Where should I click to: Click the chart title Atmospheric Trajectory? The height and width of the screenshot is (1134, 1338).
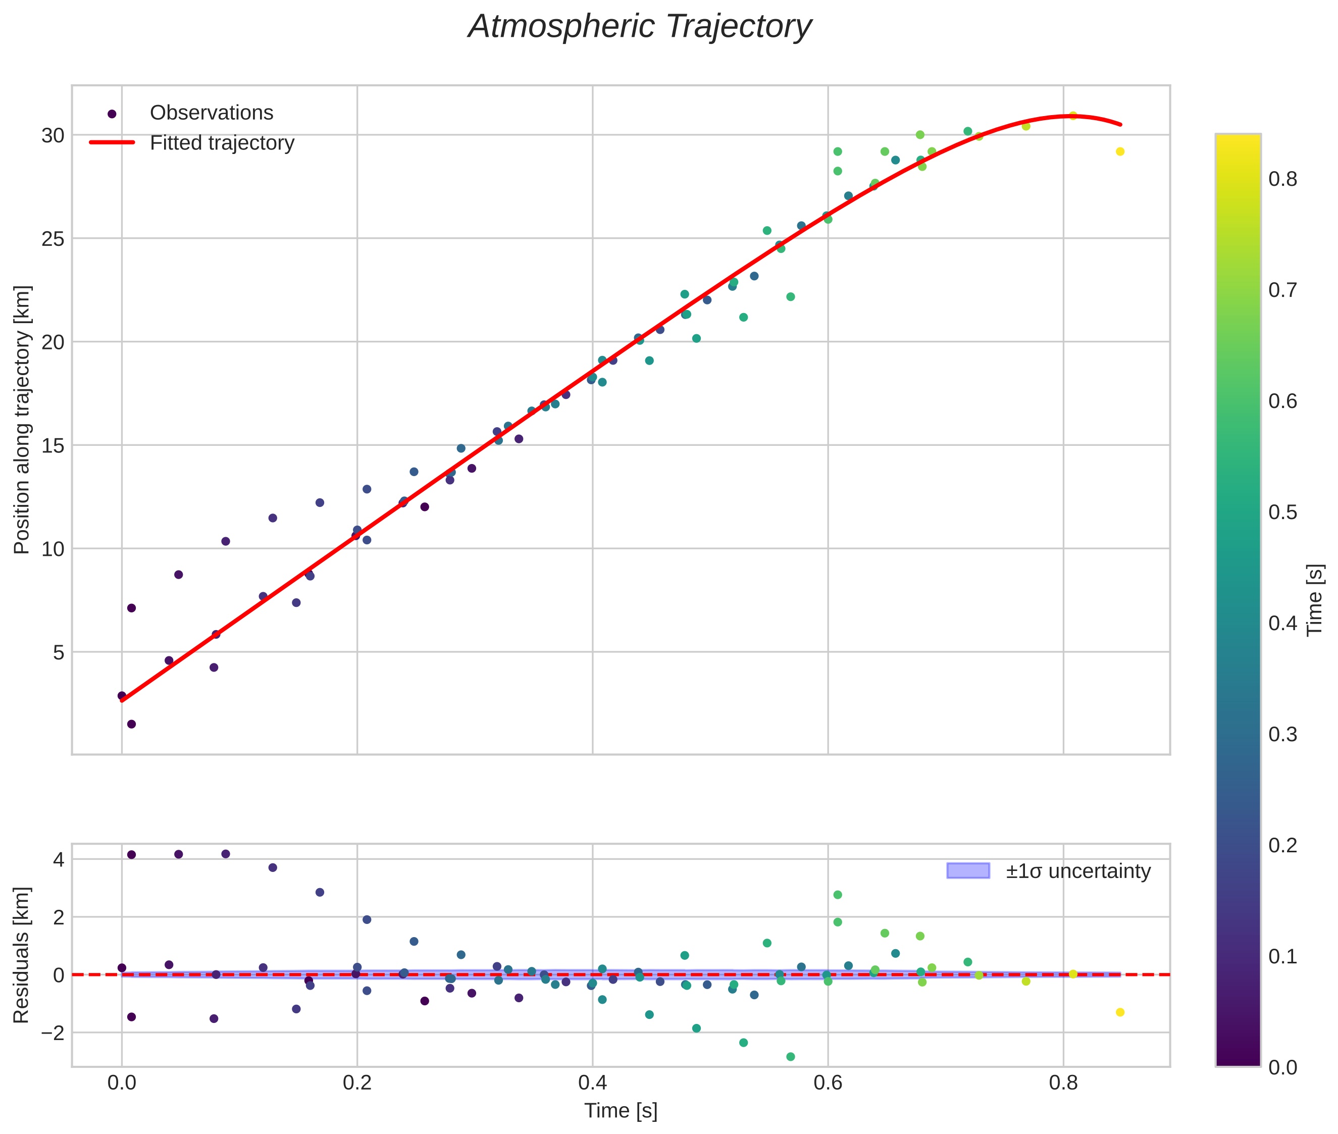(x=640, y=27)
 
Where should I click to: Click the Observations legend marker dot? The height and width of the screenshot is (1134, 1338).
(x=112, y=114)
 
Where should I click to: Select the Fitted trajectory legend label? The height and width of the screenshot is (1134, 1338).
(x=222, y=143)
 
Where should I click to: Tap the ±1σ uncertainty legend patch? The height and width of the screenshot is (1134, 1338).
(x=968, y=870)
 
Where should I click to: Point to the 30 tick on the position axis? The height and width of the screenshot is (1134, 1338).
(x=54, y=136)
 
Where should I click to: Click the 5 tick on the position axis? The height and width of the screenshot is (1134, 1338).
(x=59, y=652)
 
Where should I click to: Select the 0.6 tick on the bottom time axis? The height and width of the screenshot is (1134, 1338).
(x=828, y=1083)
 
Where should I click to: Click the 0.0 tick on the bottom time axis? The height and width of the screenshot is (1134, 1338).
(x=122, y=1083)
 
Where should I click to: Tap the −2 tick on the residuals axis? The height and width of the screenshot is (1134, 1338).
(x=49, y=1033)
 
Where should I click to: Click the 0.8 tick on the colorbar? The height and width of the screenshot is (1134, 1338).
(x=1282, y=179)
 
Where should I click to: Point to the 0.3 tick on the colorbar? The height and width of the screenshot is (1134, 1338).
(x=1282, y=734)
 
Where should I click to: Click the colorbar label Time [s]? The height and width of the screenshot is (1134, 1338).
(x=1315, y=600)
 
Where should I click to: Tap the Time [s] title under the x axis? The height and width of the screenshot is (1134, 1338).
(x=621, y=1111)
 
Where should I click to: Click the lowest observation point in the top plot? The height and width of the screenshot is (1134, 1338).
(x=131, y=724)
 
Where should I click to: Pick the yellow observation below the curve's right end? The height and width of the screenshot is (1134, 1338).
(x=1119, y=151)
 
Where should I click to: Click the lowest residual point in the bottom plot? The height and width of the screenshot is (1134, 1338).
(x=790, y=1056)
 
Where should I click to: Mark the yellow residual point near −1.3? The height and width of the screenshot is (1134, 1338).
(x=1119, y=1012)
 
